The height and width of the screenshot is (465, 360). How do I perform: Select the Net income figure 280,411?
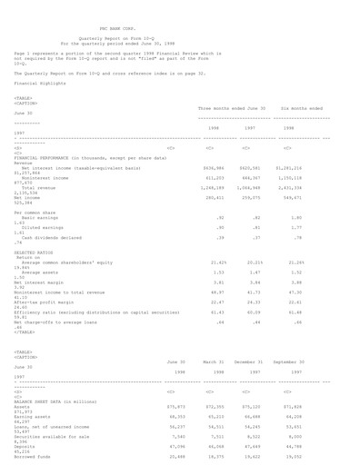[x=211, y=196]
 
